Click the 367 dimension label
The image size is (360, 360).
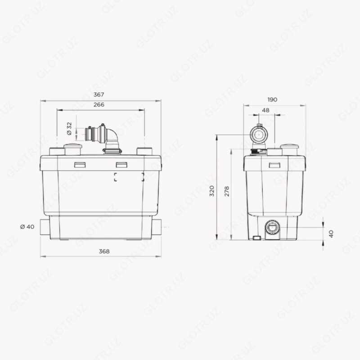pos(99,94)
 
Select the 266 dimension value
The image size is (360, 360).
pos(99,105)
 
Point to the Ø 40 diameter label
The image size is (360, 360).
pos(27,226)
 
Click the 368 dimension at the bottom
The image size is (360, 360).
pos(103,252)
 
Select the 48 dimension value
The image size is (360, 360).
pos(265,110)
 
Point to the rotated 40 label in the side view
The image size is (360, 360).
pos(332,234)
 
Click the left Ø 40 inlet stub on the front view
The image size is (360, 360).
pos(44,227)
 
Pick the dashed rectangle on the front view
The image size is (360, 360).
pos(129,177)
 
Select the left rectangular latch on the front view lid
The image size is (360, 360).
pos(80,165)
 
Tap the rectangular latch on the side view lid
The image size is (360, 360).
pos(274,165)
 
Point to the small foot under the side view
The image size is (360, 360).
pos(256,238)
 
